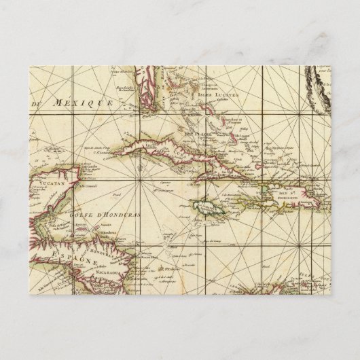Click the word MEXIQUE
85,103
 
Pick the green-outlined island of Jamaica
210,202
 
